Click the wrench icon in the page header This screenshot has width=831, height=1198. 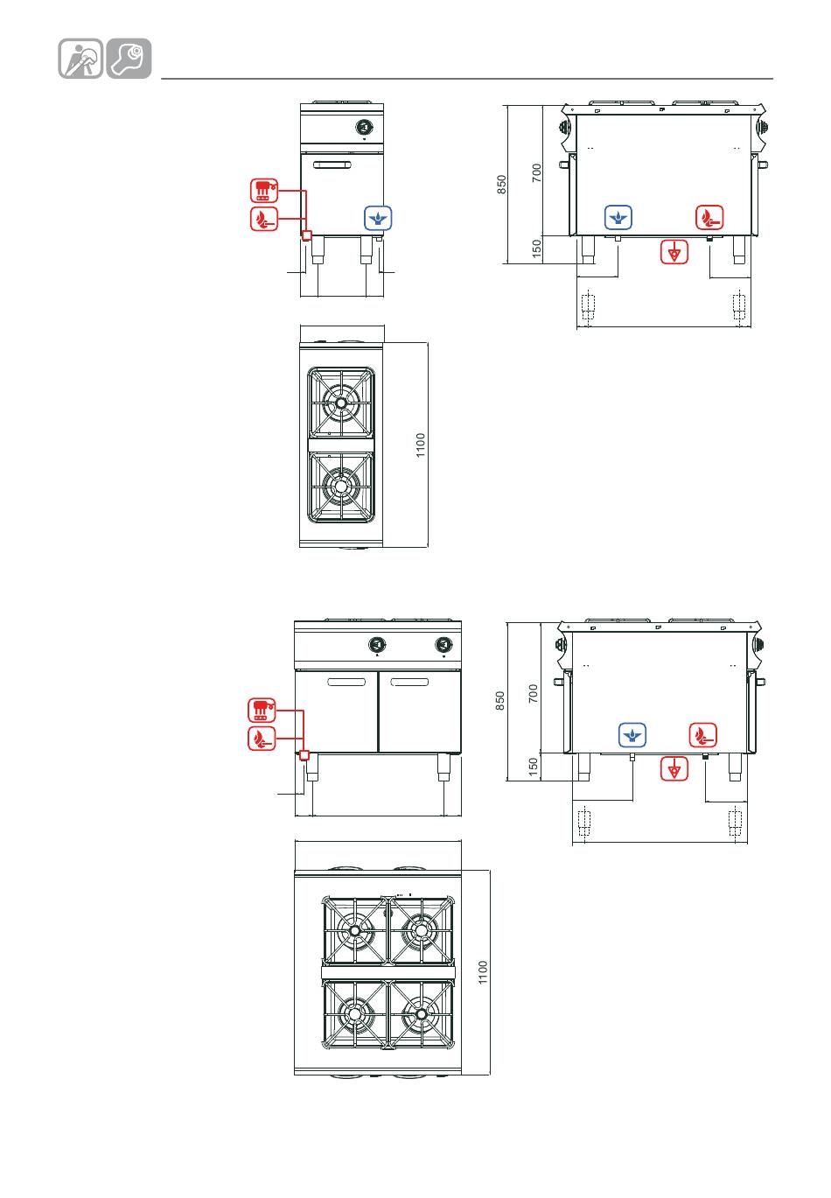click(129, 59)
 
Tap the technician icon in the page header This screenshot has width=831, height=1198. click(80, 59)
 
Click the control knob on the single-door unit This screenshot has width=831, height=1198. click(364, 127)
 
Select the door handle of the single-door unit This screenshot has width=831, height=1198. click(332, 165)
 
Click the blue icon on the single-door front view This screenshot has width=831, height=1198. click(378, 218)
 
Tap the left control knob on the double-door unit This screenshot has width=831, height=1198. click(377, 644)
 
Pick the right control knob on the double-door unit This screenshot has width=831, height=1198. click(443, 644)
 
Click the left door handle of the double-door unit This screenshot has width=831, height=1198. click(346, 682)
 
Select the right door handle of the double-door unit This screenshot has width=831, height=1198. click(409, 682)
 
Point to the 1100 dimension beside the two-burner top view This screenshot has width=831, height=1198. click(421, 445)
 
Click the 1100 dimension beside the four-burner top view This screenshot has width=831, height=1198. click(483, 972)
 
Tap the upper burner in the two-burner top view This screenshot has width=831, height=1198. click(340, 403)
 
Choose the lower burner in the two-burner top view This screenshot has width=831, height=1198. click(340, 487)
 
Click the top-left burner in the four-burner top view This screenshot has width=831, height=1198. click(354, 931)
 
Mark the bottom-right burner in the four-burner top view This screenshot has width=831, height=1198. click(422, 1014)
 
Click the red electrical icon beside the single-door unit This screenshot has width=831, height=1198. click(264, 191)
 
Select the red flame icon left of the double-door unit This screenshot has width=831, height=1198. click(262, 739)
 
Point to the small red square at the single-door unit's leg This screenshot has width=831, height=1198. click(306, 235)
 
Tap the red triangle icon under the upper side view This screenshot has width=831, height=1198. click(674, 251)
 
